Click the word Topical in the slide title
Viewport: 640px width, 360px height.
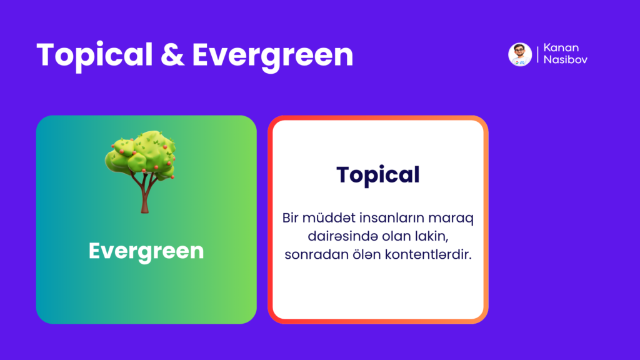click(94, 55)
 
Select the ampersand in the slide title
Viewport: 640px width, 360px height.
click(172, 55)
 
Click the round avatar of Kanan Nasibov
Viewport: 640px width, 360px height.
click(520, 54)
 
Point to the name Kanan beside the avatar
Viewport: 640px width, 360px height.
click(561, 47)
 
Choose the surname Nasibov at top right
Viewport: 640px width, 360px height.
click(565, 59)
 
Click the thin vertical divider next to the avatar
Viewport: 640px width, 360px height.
click(537, 54)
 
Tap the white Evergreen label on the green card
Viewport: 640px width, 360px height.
click(146, 251)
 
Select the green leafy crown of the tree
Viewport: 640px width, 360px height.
click(141, 155)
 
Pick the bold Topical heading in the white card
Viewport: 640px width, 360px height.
click(378, 176)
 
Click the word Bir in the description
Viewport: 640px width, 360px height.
click(290, 218)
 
